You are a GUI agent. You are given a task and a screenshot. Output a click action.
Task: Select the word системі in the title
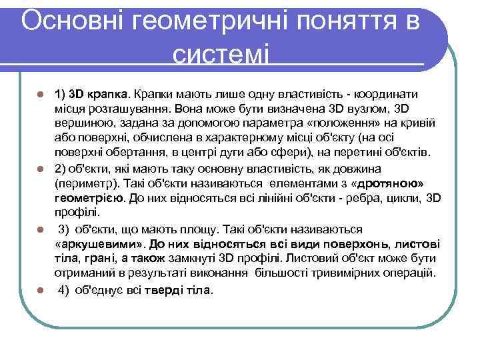221,53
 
